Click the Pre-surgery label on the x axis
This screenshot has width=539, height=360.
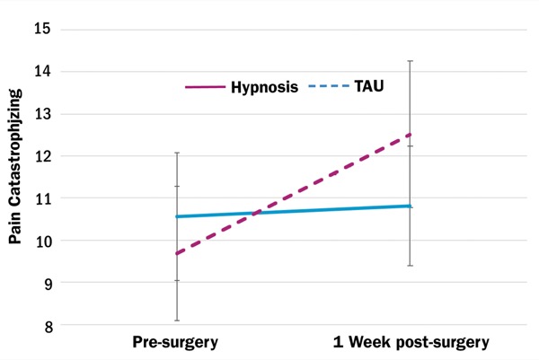coord(176,342)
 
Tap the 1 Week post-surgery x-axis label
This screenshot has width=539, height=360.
coord(410,342)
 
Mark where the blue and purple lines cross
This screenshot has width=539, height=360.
coord(255,213)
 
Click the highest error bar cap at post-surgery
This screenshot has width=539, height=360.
coord(411,61)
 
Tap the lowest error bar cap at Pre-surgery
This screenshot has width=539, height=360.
coord(176,320)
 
